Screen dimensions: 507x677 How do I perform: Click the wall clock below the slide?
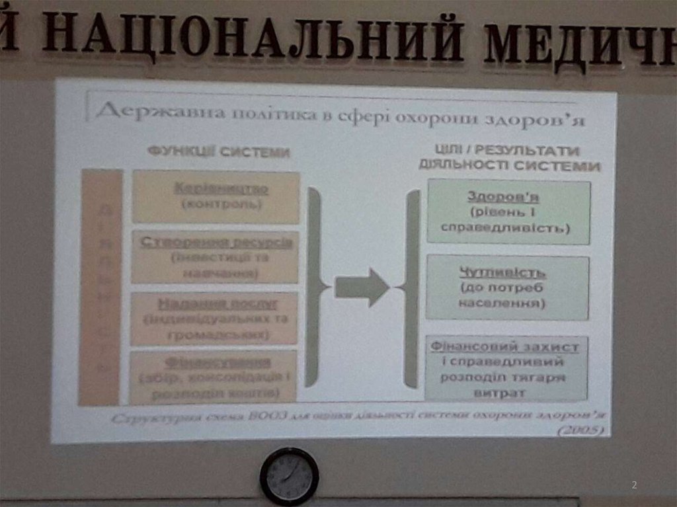(x=289, y=476)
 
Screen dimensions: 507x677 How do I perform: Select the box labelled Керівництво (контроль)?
(x=216, y=197)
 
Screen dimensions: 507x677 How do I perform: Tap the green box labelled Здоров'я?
(x=508, y=212)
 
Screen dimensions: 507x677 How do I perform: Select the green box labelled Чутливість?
(x=507, y=288)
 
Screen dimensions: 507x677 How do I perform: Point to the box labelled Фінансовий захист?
(x=506, y=369)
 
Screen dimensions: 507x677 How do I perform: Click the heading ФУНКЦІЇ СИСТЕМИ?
(x=219, y=153)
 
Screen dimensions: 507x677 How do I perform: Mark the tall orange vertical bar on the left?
(x=100, y=287)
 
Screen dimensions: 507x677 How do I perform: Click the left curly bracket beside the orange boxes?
(x=315, y=287)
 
